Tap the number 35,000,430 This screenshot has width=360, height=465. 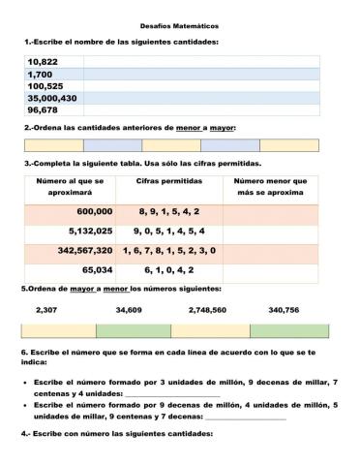pos(52,98)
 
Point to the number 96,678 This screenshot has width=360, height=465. pos(44,110)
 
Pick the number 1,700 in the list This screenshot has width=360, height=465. pos(40,74)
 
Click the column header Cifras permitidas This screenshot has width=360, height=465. pos(168,181)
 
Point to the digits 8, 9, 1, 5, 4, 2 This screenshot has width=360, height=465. pos(168,211)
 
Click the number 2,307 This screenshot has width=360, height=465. pos(45,310)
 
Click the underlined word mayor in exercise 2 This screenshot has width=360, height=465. pos(223,127)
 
